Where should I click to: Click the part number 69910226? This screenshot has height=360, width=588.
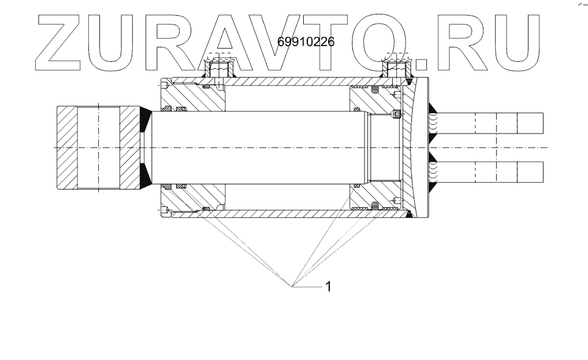pos(306,42)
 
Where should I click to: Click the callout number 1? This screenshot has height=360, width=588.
pos(329,287)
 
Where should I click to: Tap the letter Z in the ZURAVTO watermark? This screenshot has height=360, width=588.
pos(58,42)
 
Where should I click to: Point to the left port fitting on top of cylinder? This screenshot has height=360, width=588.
pos(218,68)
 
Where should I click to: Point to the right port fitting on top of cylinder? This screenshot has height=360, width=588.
pos(396,68)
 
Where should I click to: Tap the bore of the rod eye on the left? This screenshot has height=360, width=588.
pos(99,148)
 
